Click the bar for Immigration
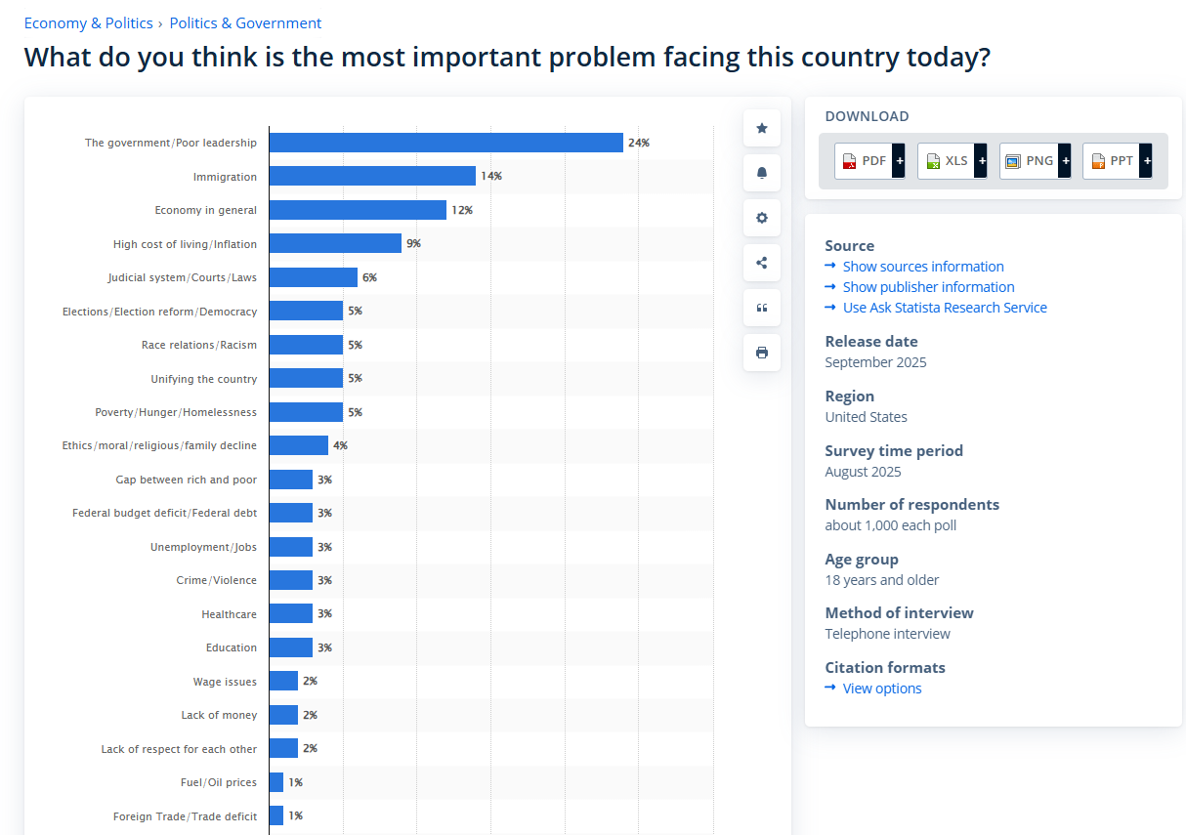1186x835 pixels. (x=372, y=176)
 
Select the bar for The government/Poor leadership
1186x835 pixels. (x=445, y=143)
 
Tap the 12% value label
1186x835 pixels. (x=461, y=210)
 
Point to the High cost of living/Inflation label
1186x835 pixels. (x=185, y=244)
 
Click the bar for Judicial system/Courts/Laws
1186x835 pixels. (x=313, y=277)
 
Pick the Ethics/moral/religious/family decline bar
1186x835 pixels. (x=298, y=445)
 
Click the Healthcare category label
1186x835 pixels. (x=229, y=614)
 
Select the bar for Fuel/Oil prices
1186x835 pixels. (x=275, y=782)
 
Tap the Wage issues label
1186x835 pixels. (x=225, y=682)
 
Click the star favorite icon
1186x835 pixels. (x=762, y=128)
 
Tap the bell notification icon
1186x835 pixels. (x=762, y=173)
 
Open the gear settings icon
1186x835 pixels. (x=762, y=218)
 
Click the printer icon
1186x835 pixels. (x=762, y=353)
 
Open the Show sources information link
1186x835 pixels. (x=922, y=267)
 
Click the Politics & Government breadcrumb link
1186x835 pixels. (x=245, y=23)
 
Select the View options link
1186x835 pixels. (x=881, y=689)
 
